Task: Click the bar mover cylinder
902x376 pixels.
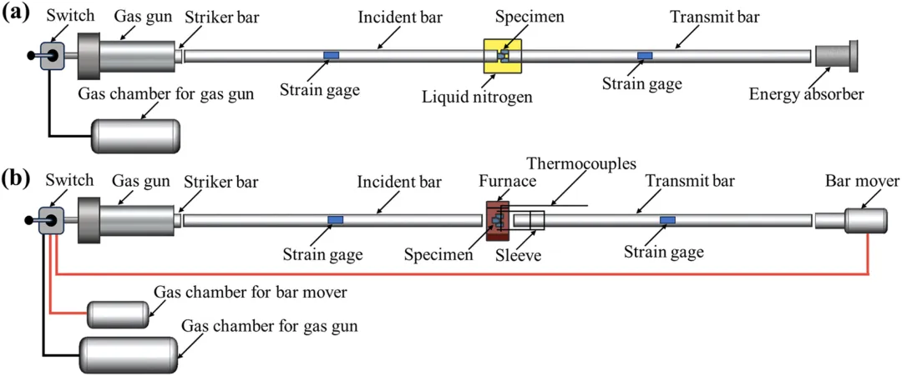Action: pyautogui.click(x=865, y=220)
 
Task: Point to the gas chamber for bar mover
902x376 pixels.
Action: pyautogui.click(x=118, y=314)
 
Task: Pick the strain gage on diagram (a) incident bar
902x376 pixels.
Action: pyautogui.click(x=332, y=56)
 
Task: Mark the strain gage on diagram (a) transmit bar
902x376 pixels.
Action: pyautogui.click(x=645, y=56)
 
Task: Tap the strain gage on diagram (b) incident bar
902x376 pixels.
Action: pyautogui.click(x=335, y=220)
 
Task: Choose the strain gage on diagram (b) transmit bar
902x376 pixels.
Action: pyautogui.click(x=667, y=220)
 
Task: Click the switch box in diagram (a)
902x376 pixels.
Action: pyautogui.click(x=51, y=56)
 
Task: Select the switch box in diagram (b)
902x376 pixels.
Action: pyautogui.click(x=51, y=220)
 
